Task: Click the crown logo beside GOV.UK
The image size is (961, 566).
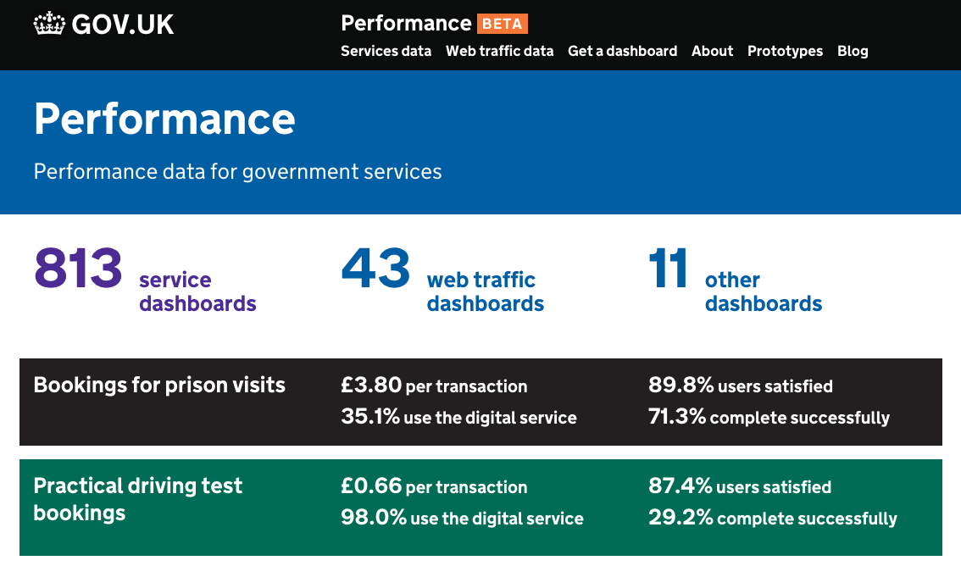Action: [x=49, y=24]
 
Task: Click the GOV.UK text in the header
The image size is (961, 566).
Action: [x=123, y=25]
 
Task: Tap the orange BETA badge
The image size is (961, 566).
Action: [x=503, y=24]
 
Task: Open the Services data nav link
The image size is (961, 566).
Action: [x=386, y=51]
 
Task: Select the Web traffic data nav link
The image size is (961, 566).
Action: [x=499, y=51]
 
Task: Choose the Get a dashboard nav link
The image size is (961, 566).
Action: [x=622, y=51]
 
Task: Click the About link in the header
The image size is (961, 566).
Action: [x=712, y=51]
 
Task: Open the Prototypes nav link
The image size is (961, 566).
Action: [x=785, y=51]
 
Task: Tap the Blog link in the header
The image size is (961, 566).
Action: [x=853, y=51]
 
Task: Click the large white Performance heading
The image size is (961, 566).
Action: [x=164, y=119]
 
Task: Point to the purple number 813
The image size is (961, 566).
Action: [x=79, y=269]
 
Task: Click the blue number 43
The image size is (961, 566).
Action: [x=375, y=269]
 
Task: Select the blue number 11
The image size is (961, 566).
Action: [x=668, y=269]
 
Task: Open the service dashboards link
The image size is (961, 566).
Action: [x=197, y=291]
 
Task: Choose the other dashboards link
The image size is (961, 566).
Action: [x=763, y=291]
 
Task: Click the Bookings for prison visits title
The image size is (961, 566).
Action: [x=159, y=386]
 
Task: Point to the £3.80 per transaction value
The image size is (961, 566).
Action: [x=434, y=386]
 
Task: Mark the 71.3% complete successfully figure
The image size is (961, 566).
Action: [x=769, y=417]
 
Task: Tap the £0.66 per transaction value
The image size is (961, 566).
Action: [x=434, y=486]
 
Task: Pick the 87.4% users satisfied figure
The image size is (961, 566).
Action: [x=740, y=486]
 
